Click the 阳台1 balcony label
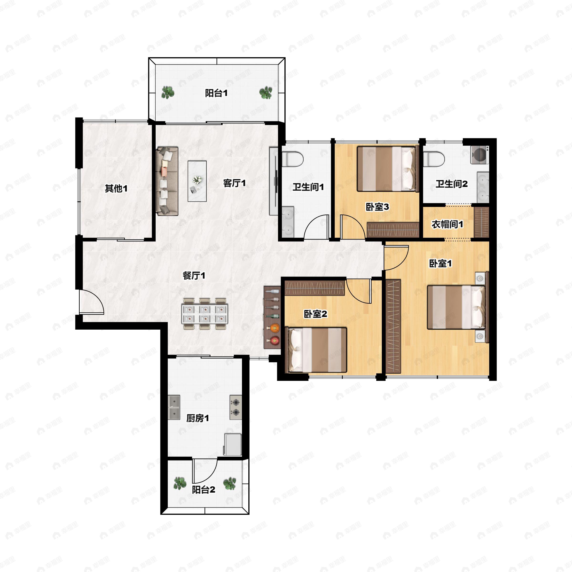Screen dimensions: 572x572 click(x=216, y=93)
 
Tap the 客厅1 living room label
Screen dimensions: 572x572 click(x=235, y=183)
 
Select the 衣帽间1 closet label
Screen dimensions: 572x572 click(x=447, y=225)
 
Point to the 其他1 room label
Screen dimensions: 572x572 click(x=116, y=188)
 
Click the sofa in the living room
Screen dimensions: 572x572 click(x=167, y=181)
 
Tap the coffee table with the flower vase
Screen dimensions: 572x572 click(x=197, y=181)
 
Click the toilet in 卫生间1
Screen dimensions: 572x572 click(x=292, y=159)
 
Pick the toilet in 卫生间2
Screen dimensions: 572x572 click(x=434, y=159)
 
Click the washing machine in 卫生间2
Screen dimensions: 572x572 click(x=480, y=154)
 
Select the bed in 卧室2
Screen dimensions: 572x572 click(x=316, y=350)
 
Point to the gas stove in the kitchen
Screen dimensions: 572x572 click(x=236, y=407)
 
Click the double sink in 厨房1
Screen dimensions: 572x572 click(x=174, y=407)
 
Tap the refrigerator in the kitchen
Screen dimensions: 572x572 click(x=233, y=445)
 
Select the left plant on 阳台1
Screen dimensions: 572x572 click(x=168, y=92)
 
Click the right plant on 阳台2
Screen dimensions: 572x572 click(x=230, y=484)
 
